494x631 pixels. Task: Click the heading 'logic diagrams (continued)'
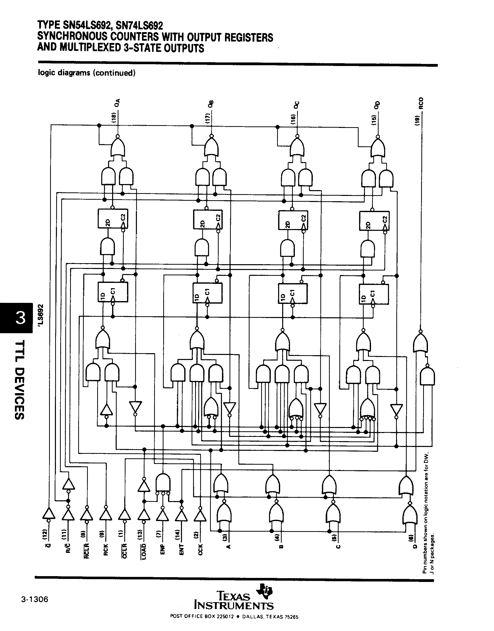pos(87,73)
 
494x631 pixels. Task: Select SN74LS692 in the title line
pos(139,26)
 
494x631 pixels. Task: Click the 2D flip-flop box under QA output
pos(113,218)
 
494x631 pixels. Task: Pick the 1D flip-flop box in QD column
pos(374,294)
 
